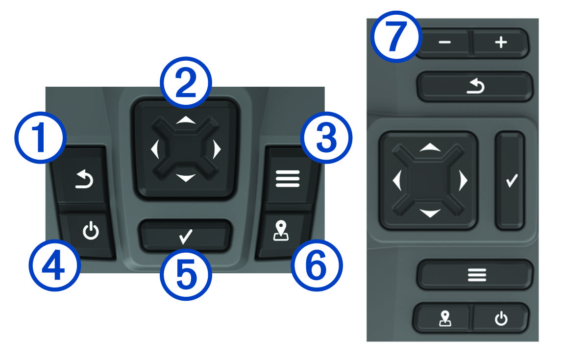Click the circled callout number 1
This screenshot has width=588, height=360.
pos(40,138)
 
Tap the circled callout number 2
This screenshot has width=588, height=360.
pos(186,83)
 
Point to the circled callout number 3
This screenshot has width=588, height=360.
pos(326,138)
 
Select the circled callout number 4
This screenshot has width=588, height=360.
pos(55,265)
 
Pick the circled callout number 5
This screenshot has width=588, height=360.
pos(186,275)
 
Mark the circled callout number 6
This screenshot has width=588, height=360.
pos(317,265)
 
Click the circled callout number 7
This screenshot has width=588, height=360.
pos(396,37)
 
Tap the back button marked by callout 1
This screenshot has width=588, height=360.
pos(81,175)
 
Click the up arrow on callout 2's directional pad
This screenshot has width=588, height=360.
pos(186,120)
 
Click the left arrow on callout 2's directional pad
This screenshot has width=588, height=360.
pos(155,149)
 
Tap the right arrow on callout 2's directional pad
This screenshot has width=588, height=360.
pos(217,149)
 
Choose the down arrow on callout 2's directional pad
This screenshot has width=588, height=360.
pos(186,178)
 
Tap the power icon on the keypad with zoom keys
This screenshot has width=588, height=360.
pos(501,318)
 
